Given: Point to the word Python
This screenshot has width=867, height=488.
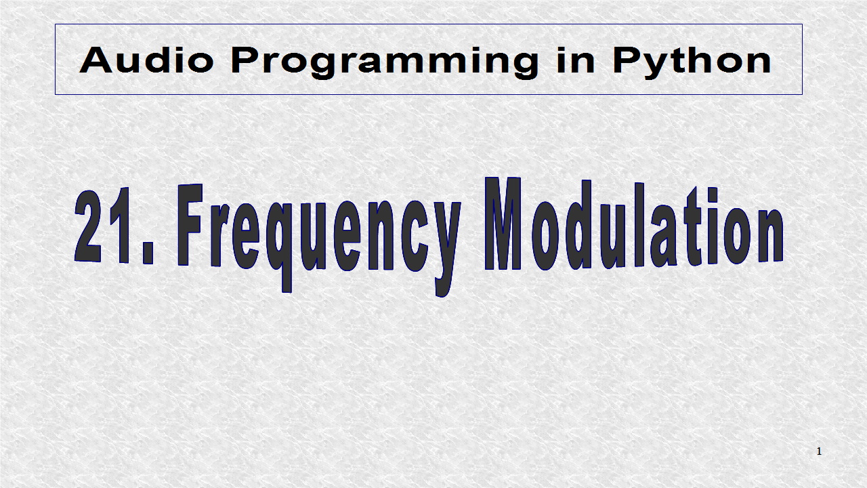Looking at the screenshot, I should pos(692,62).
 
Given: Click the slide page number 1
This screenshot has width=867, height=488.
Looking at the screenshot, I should pos(819,451).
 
